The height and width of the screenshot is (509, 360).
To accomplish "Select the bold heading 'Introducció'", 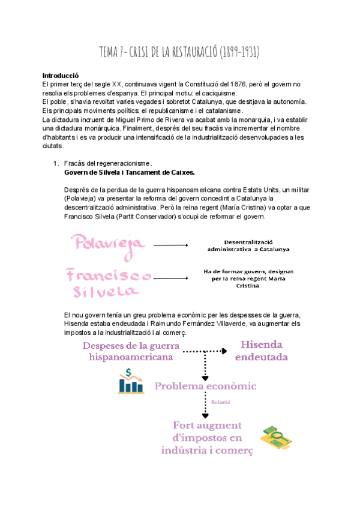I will point(61,76).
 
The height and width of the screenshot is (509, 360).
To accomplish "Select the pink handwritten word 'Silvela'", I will point(104,292).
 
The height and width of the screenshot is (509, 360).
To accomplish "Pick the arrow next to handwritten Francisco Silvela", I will point(171,277).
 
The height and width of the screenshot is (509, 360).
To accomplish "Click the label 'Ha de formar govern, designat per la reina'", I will point(248,278).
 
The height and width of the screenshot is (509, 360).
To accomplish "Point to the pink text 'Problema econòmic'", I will point(214,386).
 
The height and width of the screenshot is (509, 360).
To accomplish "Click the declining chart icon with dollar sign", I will point(130,382).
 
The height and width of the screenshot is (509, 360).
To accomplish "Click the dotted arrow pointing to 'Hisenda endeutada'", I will point(204,351).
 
